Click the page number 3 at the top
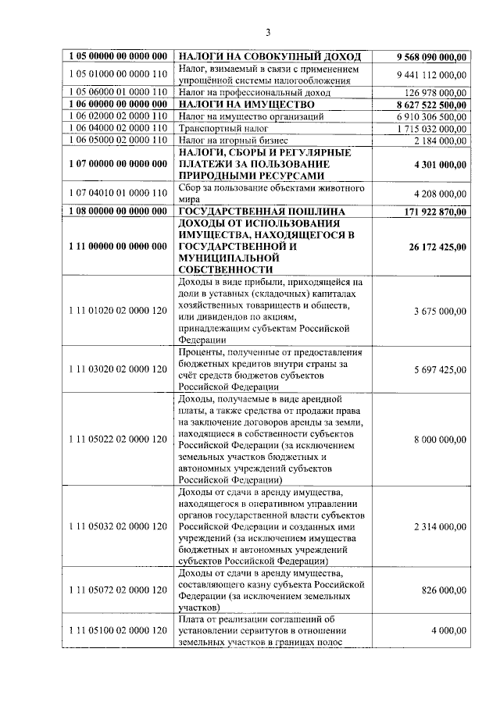[x=267, y=32]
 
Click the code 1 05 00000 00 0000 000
[x=118, y=57]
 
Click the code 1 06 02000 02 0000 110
[x=118, y=116]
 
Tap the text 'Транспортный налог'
[x=218, y=127]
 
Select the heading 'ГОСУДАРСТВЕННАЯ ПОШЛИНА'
[x=261, y=212]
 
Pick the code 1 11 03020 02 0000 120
[x=118, y=369]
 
